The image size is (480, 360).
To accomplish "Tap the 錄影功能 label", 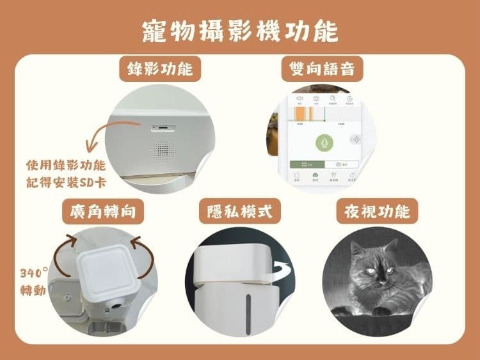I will click(156, 68).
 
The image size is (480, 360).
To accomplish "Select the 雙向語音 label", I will click(322, 68).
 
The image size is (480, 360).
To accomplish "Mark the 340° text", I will click(34, 270).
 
